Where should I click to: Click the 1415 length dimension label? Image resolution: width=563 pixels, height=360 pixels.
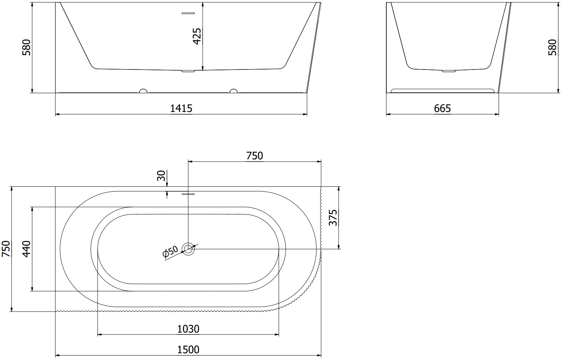[x=181, y=108]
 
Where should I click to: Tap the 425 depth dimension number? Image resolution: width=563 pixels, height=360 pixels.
[x=197, y=36]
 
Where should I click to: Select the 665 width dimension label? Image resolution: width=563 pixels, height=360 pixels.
[x=442, y=108]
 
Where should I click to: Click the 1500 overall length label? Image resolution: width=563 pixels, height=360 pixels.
[x=188, y=349]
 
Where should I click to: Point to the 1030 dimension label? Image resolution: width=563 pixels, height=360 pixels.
[x=188, y=329]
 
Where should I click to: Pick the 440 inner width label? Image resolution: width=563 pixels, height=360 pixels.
[x=26, y=249]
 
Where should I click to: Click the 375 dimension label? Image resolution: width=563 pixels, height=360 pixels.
[x=333, y=218]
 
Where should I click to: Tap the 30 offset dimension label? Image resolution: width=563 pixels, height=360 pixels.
[x=161, y=175]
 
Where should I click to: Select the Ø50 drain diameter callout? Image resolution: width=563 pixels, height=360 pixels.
[x=170, y=252]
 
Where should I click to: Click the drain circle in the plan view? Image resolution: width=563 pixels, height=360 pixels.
[x=188, y=249]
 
